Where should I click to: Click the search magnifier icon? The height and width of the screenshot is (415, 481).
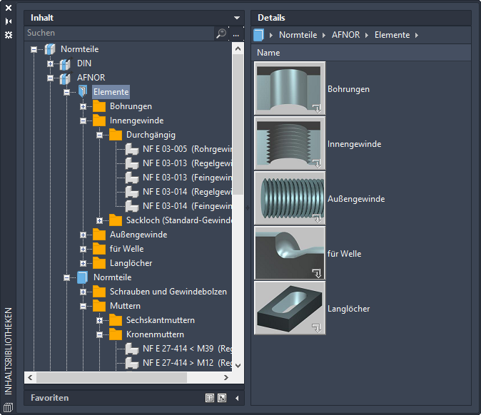[221, 33]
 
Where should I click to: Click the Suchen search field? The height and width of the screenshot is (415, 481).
[119, 33]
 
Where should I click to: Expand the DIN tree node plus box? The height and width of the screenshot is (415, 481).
[50, 63]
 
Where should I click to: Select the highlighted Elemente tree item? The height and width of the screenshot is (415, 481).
[111, 92]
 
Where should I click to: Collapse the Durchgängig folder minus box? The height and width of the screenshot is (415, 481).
[99, 135]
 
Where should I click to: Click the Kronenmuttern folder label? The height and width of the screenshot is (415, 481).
[155, 334]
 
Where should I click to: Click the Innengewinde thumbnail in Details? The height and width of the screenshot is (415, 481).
[290, 143]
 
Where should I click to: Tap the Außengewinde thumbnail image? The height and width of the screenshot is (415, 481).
[290, 198]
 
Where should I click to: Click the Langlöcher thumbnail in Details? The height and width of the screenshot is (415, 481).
[290, 308]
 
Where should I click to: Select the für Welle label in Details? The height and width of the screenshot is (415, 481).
[344, 254]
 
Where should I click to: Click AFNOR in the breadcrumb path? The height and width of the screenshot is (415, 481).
[345, 35]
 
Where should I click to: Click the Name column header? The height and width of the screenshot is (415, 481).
[268, 53]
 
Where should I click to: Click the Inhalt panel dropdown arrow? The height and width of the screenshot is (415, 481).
[237, 18]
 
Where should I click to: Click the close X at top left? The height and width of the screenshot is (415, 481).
[9, 8]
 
